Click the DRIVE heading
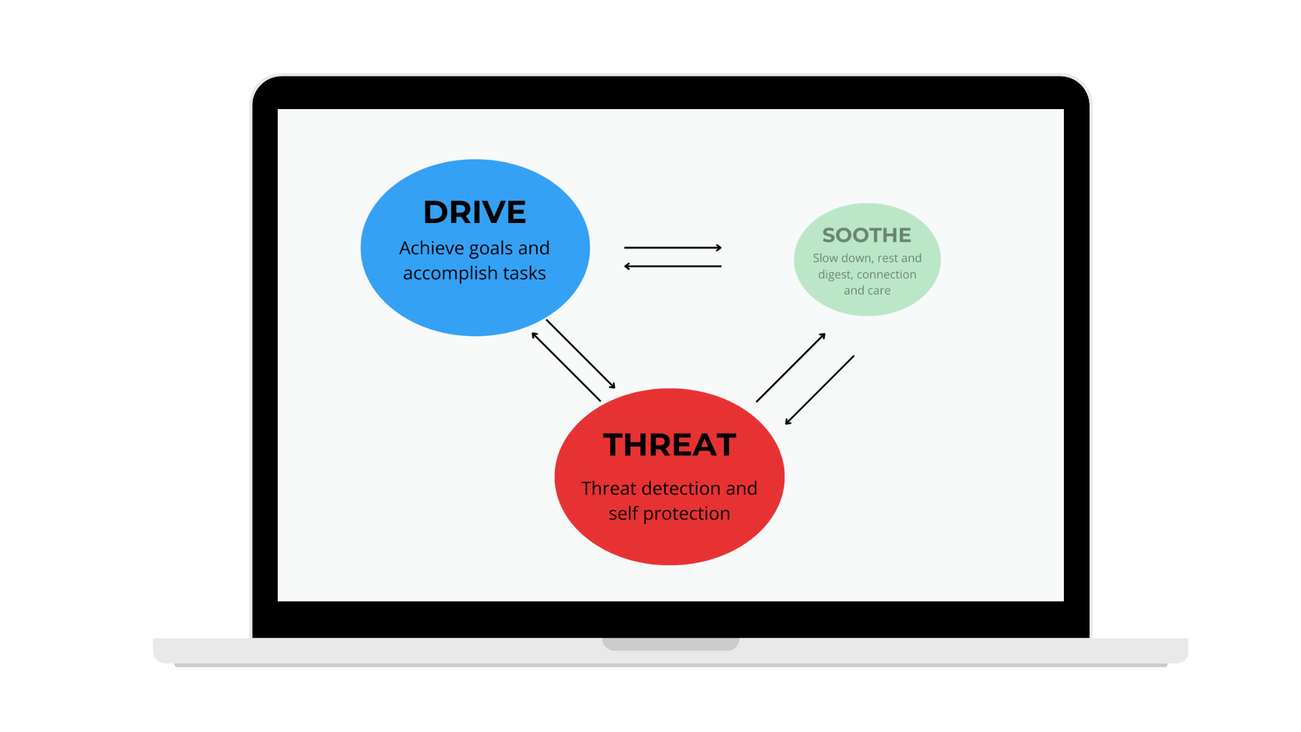point(474,212)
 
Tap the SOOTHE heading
point(867,235)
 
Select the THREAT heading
point(669,445)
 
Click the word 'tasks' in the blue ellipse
point(524,273)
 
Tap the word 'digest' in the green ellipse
point(834,274)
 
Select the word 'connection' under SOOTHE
point(886,274)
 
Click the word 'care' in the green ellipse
point(879,291)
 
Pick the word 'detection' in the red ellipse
point(680,489)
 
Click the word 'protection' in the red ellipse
point(686,514)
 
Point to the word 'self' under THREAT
point(623,514)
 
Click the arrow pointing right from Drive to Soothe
point(673,248)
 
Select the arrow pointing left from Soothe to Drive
point(673,266)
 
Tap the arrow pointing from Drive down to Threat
point(581,354)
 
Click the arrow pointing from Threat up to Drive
point(566,367)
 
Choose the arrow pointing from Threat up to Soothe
point(791,367)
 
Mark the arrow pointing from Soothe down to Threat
point(819,390)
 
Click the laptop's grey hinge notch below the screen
point(671,644)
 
